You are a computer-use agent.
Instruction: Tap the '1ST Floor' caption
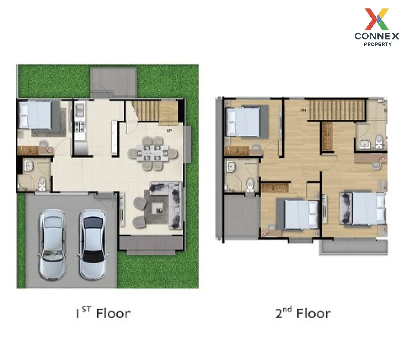click(103, 313)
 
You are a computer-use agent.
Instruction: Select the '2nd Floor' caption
click(303, 313)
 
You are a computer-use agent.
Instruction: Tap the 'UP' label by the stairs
click(169, 130)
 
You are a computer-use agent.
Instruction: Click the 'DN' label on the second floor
click(303, 110)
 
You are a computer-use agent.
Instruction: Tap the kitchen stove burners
click(79, 127)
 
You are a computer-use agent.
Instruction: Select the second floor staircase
click(337, 110)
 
